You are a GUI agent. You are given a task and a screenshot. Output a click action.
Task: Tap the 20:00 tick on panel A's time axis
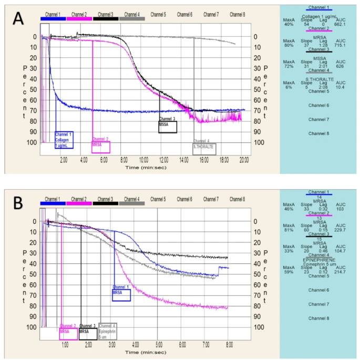tap(244, 159)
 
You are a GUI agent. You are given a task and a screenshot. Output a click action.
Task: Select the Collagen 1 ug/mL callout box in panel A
tap(64, 139)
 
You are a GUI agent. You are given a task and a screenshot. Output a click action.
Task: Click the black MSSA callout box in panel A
tap(168, 127)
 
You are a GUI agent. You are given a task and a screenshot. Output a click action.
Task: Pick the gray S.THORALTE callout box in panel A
tap(204, 148)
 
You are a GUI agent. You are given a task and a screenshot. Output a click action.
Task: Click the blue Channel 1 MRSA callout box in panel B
tap(121, 294)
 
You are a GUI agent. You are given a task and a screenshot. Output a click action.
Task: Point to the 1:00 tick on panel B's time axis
tap(65, 345)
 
